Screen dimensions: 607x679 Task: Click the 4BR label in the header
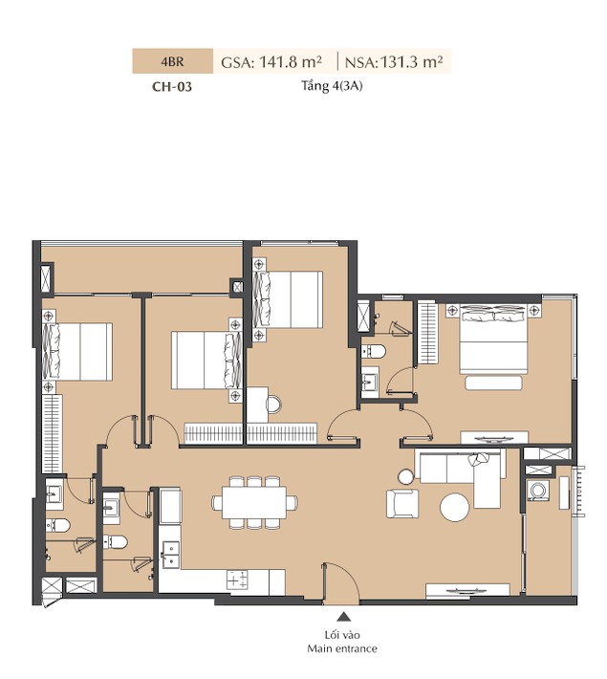click(172, 61)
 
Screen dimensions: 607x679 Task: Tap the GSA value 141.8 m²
click(291, 62)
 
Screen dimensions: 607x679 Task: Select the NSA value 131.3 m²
click(411, 62)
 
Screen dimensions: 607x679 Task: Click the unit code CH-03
click(172, 87)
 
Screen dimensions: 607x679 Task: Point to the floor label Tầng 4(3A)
click(332, 86)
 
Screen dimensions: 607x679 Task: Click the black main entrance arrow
click(343, 617)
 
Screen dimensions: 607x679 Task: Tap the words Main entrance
click(342, 648)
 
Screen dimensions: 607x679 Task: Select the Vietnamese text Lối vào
click(342, 635)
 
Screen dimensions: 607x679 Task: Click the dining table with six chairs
click(254, 502)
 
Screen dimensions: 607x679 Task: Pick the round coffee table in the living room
click(454, 507)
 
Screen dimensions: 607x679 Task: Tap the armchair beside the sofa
click(402, 503)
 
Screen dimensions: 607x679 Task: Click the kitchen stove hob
click(237, 580)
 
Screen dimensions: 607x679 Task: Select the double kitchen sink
click(170, 555)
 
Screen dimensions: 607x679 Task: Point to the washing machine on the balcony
click(538, 491)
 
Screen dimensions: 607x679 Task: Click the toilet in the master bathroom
click(373, 351)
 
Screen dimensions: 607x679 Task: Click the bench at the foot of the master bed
click(493, 383)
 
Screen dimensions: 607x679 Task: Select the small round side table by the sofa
click(406, 477)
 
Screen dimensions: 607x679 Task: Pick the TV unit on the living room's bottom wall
click(467, 591)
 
